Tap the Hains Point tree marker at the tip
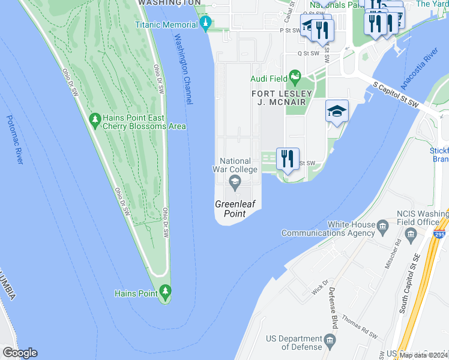(166, 293)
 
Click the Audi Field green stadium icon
(294, 77)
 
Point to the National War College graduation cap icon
(235, 182)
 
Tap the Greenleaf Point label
(235, 209)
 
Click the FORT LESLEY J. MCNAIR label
(282, 98)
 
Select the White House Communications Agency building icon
(382, 226)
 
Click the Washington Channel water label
(183, 70)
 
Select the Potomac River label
(15, 139)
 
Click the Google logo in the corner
(20, 353)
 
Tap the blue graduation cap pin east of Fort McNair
(337, 110)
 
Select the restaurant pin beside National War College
(288, 159)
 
